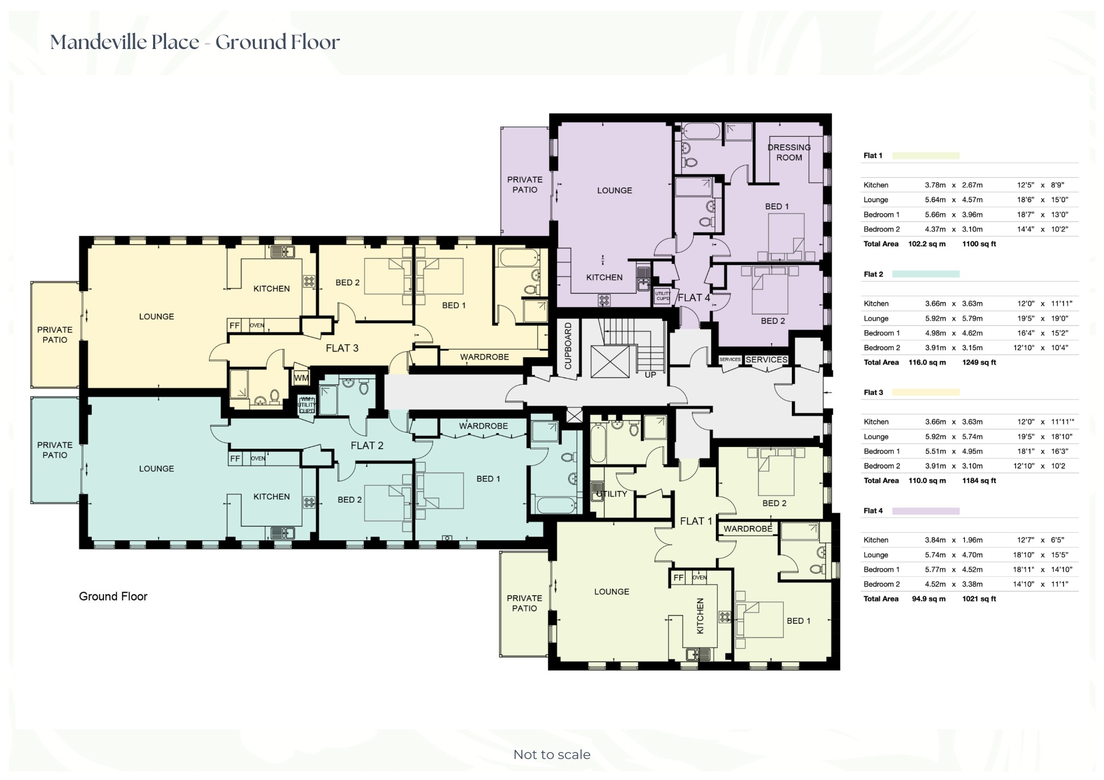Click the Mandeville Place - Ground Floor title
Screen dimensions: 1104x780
(195, 42)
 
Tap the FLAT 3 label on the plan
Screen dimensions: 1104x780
(342, 348)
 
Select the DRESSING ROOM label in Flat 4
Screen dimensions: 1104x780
(789, 152)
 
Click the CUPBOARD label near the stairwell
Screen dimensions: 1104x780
(568, 346)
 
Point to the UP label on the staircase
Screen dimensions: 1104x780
(651, 374)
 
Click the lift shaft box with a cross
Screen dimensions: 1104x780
(610, 361)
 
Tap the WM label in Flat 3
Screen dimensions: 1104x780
(301, 378)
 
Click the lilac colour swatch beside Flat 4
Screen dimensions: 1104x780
(926, 511)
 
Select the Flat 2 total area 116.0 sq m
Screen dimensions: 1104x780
(927, 363)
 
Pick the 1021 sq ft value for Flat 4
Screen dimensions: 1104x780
(979, 598)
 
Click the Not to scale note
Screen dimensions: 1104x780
(552, 755)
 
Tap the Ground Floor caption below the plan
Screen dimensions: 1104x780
(113, 596)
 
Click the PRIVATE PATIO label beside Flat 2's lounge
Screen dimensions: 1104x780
(55, 450)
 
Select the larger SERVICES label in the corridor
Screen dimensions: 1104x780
(767, 359)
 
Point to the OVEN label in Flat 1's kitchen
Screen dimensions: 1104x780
(699, 577)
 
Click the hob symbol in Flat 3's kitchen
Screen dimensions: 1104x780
(309, 281)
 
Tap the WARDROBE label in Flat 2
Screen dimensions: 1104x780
(484, 426)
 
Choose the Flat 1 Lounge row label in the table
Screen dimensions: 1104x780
(876, 200)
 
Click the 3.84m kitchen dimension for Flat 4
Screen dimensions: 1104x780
(935, 540)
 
